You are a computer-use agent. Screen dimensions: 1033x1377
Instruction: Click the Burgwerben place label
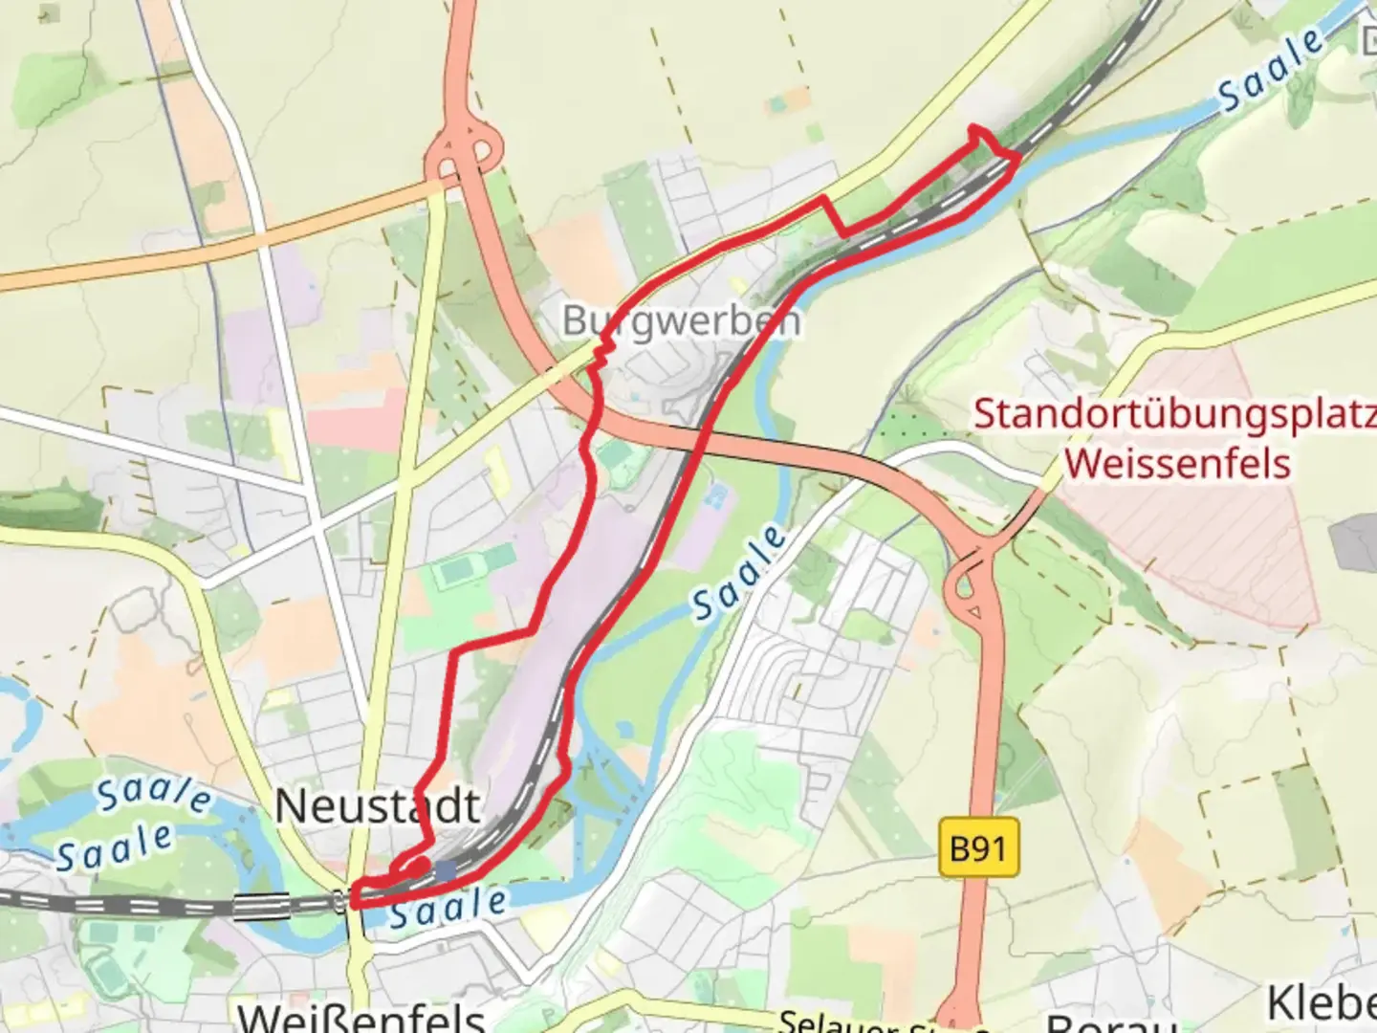[x=681, y=320]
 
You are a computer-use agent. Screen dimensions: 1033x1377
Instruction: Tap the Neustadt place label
[x=377, y=806]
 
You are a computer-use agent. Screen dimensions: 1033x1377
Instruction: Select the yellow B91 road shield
[x=977, y=847]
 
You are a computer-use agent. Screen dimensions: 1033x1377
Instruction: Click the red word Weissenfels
[x=1177, y=464]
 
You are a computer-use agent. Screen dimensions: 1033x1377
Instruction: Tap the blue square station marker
[x=445, y=870]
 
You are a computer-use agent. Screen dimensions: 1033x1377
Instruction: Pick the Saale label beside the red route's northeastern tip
[x=1272, y=72]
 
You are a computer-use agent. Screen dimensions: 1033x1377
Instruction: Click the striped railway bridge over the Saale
[x=261, y=905]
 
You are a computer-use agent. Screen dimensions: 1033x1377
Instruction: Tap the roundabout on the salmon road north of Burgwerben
[x=464, y=153]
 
